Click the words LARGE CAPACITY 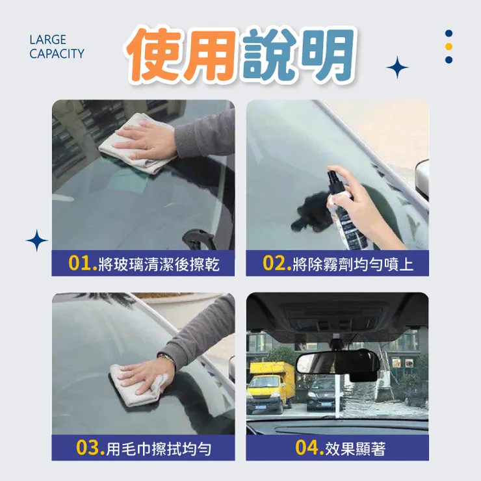pos(57,47)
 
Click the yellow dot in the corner pos(448,47)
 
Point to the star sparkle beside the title pos(396,67)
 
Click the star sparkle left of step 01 pos(37,240)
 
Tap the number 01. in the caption pos(83,264)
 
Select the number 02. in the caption pos(277,264)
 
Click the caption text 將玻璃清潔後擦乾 pos(158,265)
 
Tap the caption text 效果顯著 pos(357,448)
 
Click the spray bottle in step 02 pos(343,208)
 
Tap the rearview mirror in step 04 pos(331,361)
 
